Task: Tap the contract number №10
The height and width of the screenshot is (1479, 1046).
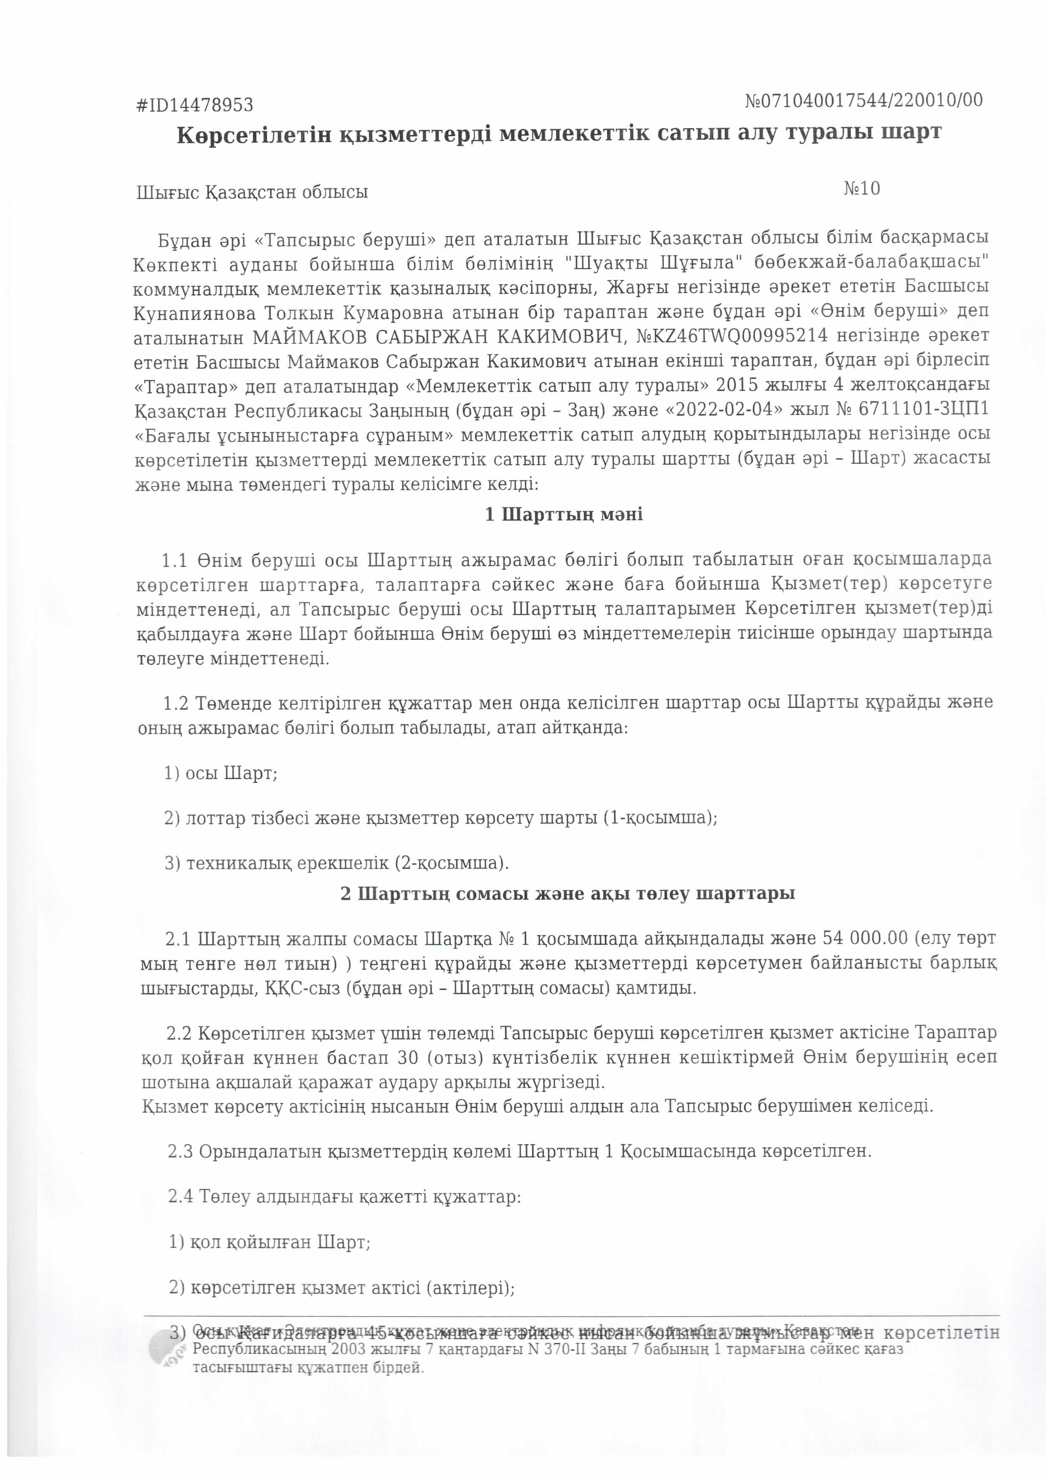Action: click(861, 189)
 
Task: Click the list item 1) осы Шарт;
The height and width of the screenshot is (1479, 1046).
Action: click(220, 774)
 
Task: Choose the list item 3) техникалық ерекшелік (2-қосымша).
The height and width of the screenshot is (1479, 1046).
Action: click(336, 863)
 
